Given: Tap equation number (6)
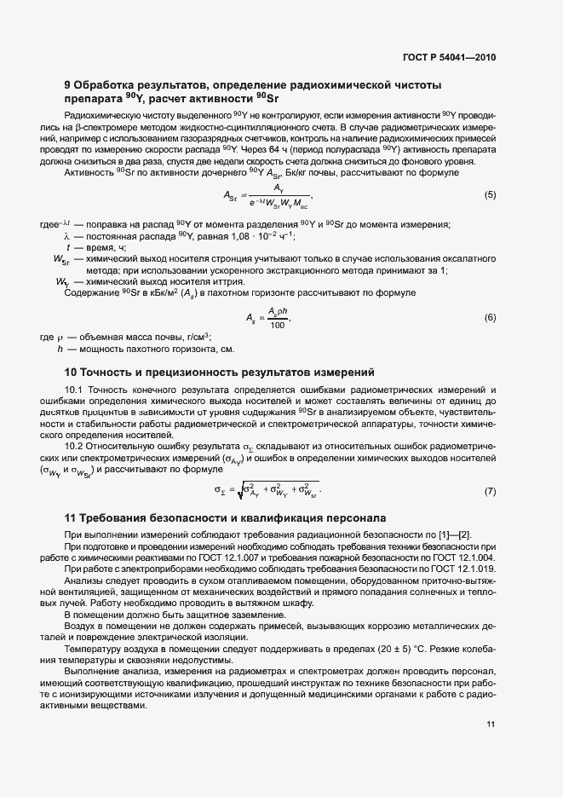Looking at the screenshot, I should point(490,317).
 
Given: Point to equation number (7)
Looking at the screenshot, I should point(490,491).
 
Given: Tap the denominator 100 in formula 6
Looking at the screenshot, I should point(278,326).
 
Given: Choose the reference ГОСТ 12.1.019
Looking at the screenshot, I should point(462,569).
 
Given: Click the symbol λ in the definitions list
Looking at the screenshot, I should point(65,235).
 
